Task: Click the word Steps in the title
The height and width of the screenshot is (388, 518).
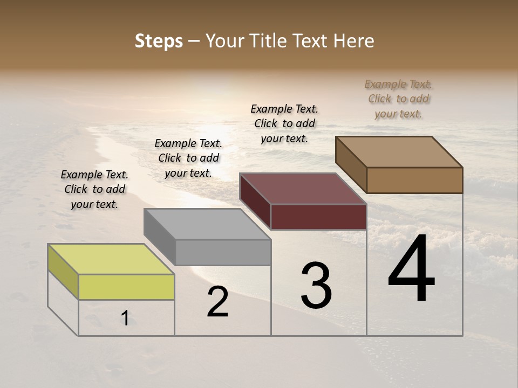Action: click(x=158, y=41)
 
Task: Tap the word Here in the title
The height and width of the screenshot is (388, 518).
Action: click(x=355, y=41)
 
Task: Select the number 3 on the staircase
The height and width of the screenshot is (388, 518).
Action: click(x=316, y=286)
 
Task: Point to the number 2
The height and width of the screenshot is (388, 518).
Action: click(x=217, y=302)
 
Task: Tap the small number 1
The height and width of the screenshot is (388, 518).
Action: click(x=125, y=318)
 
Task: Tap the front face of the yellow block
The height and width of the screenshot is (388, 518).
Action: click(x=126, y=287)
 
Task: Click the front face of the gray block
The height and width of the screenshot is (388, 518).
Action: click(x=223, y=252)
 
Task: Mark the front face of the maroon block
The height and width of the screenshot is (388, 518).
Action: click(x=318, y=217)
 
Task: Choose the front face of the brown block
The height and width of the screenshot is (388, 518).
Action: click(x=414, y=180)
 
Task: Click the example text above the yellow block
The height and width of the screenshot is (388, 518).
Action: click(x=94, y=189)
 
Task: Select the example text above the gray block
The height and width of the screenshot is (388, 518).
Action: click(x=188, y=158)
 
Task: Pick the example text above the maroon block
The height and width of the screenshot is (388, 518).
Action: click(x=284, y=123)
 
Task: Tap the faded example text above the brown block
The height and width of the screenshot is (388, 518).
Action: click(x=398, y=99)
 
